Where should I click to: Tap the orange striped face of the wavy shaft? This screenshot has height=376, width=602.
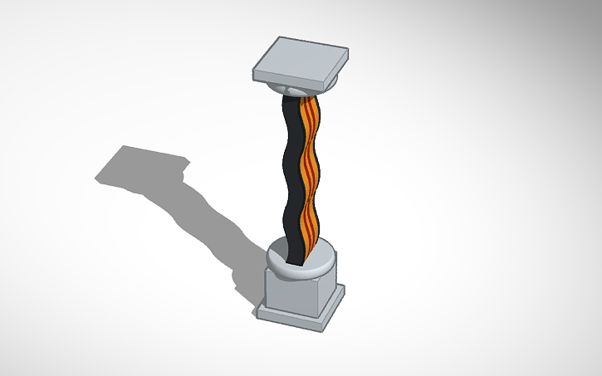308,174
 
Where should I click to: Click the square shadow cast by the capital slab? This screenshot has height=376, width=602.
137,166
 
